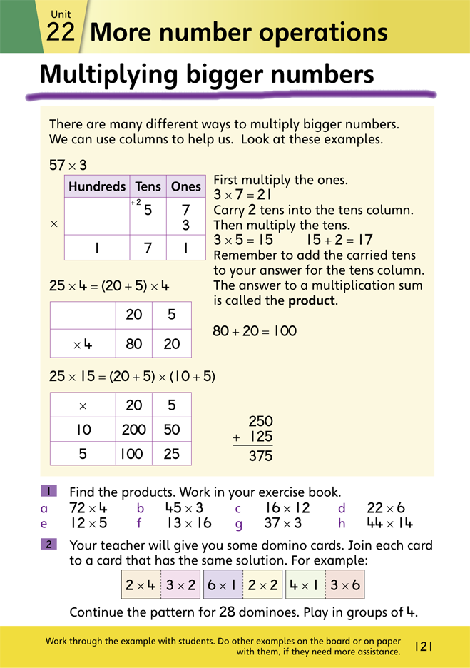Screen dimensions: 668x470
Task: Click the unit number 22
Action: click(61, 31)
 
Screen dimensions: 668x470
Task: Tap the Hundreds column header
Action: click(97, 186)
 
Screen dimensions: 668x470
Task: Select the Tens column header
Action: click(148, 186)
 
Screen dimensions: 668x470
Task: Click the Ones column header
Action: click(186, 186)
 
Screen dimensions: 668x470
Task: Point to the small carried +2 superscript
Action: click(134, 203)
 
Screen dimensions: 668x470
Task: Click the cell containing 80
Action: click(133, 344)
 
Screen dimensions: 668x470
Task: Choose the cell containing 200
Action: click(133, 430)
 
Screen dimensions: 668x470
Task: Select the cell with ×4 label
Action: click(83, 344)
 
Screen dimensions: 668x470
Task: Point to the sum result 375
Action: click(260, 455)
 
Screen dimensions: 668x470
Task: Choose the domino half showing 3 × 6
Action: click(344, 585)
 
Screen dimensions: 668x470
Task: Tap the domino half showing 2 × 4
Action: click(141, 585)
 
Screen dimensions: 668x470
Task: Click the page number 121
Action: click(424, 646)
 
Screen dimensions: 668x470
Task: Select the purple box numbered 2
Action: click(49, 545)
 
